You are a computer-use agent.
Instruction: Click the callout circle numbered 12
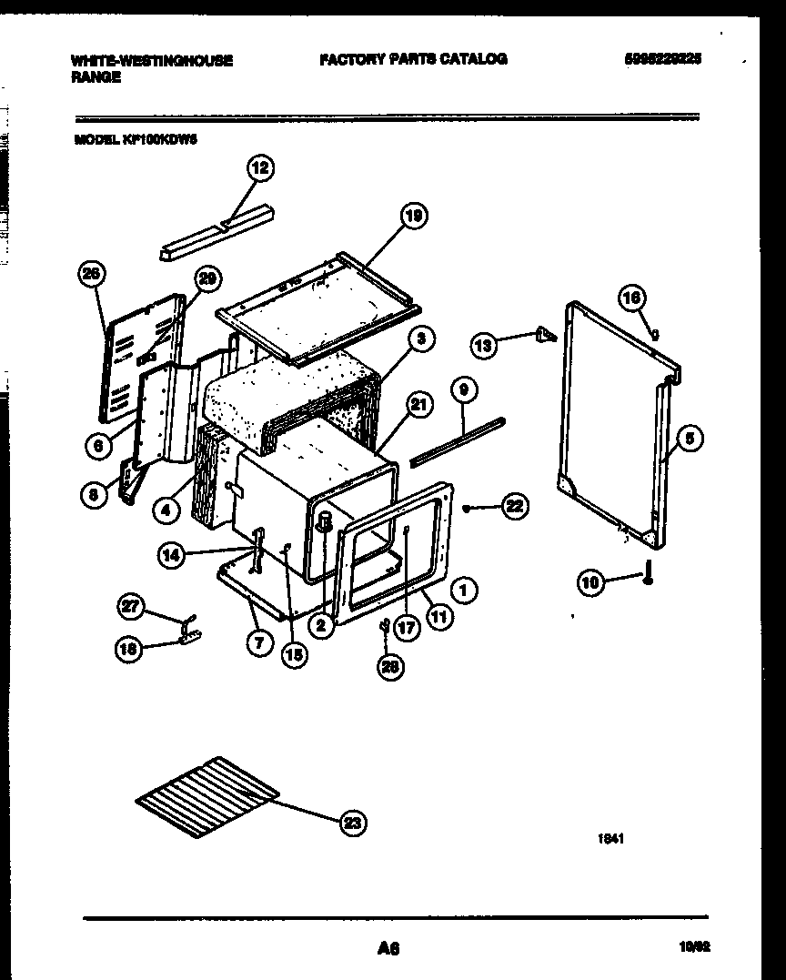(x=261, y=167)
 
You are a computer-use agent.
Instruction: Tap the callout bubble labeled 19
(x=413, y=217)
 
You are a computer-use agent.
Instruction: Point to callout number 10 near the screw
(x=592, y=581)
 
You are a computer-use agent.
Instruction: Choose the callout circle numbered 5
(x=689, y=439)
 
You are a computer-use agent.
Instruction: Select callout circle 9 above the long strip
(x=463, y=391)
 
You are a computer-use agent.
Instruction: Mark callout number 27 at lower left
(x=133, y=607)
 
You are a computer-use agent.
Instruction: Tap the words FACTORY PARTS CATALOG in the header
(x=413, y=59)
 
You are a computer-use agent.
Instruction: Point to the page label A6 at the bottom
(x=388, y=949)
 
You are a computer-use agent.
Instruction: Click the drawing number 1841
(x=610, y=840)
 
